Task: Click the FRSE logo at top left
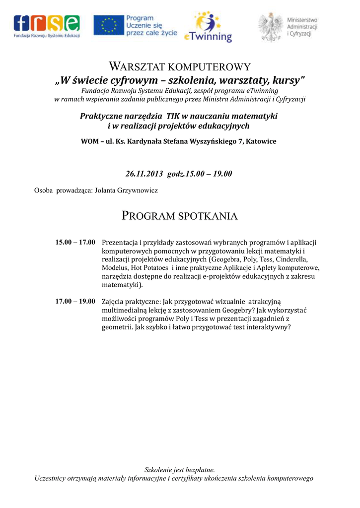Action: click(47, 26)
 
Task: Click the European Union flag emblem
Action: click(109, 26)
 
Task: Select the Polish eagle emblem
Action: click(271, 27)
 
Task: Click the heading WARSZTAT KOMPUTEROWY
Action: click(179, 66)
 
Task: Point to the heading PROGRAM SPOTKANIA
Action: click(179, 216)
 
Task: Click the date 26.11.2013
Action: click(144, 174)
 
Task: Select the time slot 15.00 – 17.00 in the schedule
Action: click(75, 243)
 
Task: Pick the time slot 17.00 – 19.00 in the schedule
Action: click(75, 302)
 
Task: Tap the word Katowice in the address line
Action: click(261, 141)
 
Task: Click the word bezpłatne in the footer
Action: click(199, 469)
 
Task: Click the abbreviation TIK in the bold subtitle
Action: click(173, 116)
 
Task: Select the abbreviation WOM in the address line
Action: click(89, 141)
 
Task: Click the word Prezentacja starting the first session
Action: click(120, 243)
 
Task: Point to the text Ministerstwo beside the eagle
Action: click(302, 19)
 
